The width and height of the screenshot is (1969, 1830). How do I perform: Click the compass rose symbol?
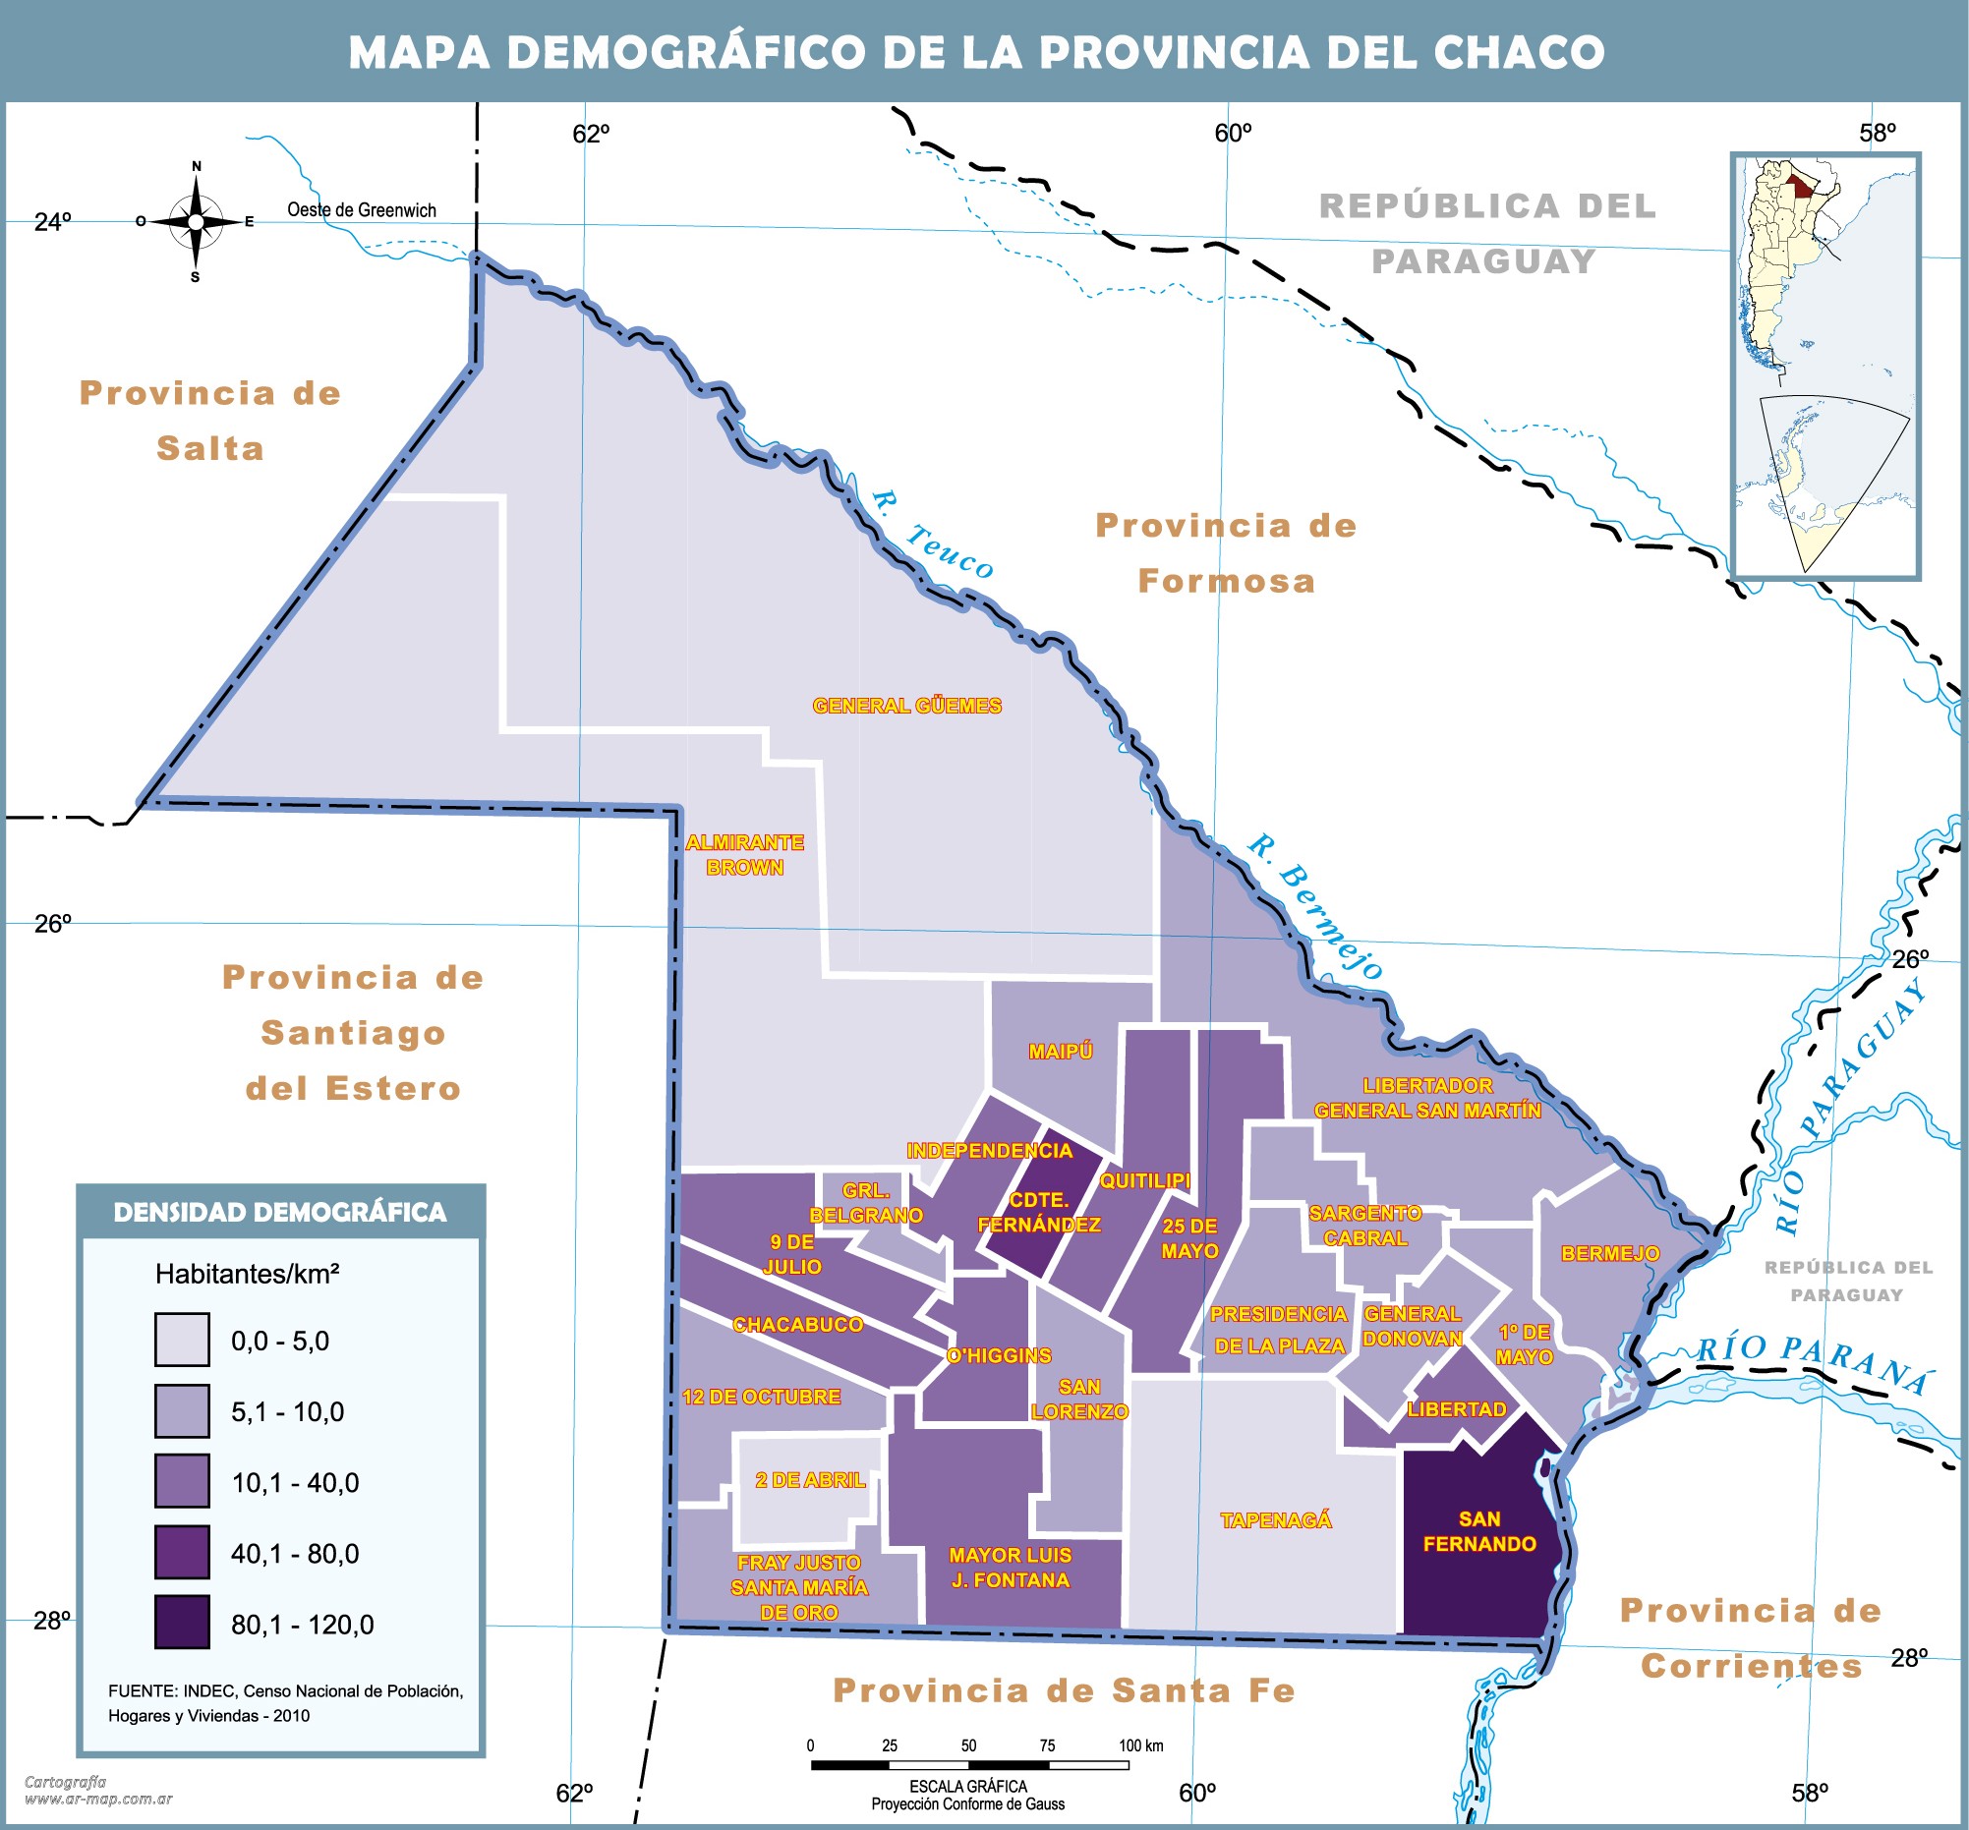tap(195, 222)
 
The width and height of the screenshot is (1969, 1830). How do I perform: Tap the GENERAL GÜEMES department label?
tap(906, 706)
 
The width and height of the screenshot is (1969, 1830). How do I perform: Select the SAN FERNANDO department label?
tap(1478, 1531)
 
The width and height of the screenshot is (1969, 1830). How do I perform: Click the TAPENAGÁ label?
tap(1276, 1520)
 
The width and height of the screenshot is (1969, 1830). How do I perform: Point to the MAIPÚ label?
tap(1060, 1052)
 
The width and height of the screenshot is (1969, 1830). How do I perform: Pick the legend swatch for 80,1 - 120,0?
tap(182, 1622)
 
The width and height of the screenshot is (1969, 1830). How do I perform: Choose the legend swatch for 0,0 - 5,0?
tap(182, 1340)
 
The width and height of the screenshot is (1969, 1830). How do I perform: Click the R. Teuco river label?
tap(932, 535)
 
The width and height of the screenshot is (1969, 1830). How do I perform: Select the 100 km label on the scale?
tap(1140, 1745)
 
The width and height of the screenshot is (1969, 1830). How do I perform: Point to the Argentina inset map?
tap(1825, 367)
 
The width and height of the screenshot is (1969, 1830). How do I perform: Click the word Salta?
tap(210, 448)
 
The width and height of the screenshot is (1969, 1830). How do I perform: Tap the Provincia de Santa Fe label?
tap(1065, 1690)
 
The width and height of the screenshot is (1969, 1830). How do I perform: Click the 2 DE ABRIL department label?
tap(809, 1480)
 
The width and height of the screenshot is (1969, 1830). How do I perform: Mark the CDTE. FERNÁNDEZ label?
tap(1039, 1212)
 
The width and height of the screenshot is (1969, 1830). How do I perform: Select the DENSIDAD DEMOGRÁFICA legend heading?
tap(280, 1212)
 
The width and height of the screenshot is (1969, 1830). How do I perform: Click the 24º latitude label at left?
tap(53, 222)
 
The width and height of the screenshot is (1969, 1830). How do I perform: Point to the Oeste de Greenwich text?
tap(362, 210)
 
